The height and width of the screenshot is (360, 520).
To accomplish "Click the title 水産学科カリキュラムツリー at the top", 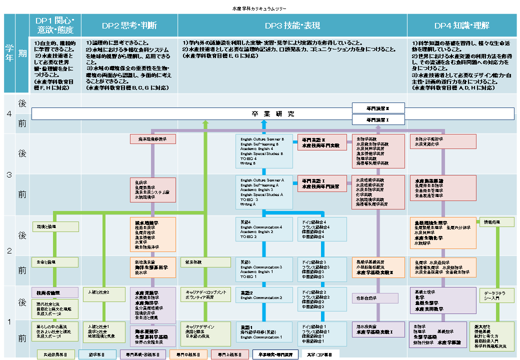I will pyautogui.click(x=259, y=9).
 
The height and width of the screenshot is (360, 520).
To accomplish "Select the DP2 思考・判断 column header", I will pyautogui.click(x=129, y=25).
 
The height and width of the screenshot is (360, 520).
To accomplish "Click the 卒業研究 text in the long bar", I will pyautogui.click(x=273, y=114).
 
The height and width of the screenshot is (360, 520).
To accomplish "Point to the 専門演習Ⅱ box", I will pyautogui.click(x=378, y=107).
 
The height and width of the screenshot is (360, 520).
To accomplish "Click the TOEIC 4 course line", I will pyautogui.click(x=248, y=158).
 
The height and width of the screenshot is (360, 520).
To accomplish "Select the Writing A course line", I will pyautogui.click(x=248, y=204).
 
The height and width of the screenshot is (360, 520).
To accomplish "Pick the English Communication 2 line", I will pyautogui.click(x=261, y=297).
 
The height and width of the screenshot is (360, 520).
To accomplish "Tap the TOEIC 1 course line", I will pyautogui.click(x=248, y=276).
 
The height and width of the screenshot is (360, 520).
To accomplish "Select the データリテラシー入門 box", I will pyautogui.click(x=496, y=295).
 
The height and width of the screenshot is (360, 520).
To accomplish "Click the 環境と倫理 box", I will pyautogui.click(x=55, y=226).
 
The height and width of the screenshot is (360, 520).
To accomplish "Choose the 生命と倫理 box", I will pyautogui.click(x=55, y=261).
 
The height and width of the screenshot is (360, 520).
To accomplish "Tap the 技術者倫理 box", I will pyautogui.click(x=55, y=292).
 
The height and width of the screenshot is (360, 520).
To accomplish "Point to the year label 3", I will pyautogui.click(x=9, y=175).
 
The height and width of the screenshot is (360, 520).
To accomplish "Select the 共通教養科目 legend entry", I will pyautogui.click(x=55, y=354).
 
